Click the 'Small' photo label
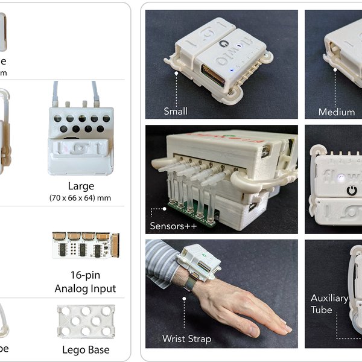click(x=176, y=111)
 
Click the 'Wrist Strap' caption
click(x=187, y=338)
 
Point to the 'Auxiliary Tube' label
click(x=329, y=303)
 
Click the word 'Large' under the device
click(x=80, y=186)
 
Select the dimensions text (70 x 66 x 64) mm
click(x=80, y=198)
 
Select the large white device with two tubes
click(x=80, y=133)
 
